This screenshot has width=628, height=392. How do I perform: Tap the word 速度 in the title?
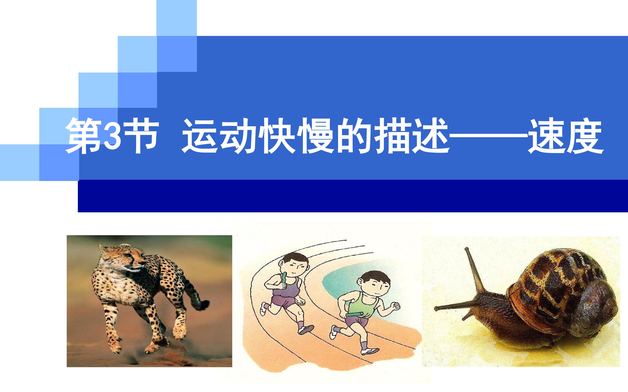pos(566,136)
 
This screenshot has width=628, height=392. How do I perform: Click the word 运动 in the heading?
pos(221,136)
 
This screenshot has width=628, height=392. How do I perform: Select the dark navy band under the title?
pos(353,196)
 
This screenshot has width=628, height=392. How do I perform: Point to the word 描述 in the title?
pos(413,136)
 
